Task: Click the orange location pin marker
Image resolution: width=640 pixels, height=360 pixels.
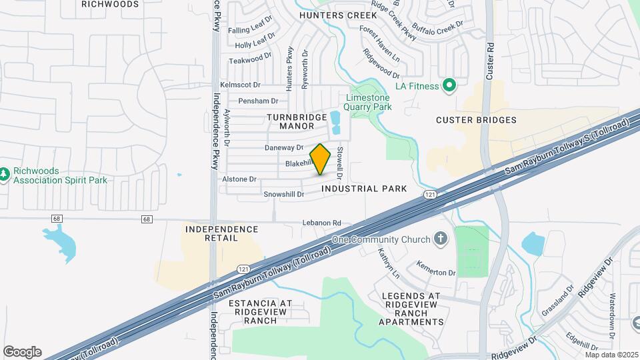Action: click(320, 159)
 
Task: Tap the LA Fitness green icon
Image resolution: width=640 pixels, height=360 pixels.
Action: click(449, 85)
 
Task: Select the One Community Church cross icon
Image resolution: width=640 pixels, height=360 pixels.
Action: click(439, 239)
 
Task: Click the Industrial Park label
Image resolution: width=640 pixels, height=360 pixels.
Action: click(363, 189)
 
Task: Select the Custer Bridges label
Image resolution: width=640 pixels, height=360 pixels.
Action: click(476, 120)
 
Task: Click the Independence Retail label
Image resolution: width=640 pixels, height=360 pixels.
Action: click(221, 233)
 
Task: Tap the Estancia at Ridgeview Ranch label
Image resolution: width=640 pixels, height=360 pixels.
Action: click(260, 311)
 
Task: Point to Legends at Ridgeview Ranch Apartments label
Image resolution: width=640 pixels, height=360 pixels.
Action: click(411, 309)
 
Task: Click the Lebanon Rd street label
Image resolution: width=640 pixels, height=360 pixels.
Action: click(321, 223)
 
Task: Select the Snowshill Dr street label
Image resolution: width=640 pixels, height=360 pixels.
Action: click(283, 195)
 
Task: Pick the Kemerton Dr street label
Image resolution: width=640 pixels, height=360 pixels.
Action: click(436, 273)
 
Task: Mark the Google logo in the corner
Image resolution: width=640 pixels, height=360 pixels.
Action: click(22, 351)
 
